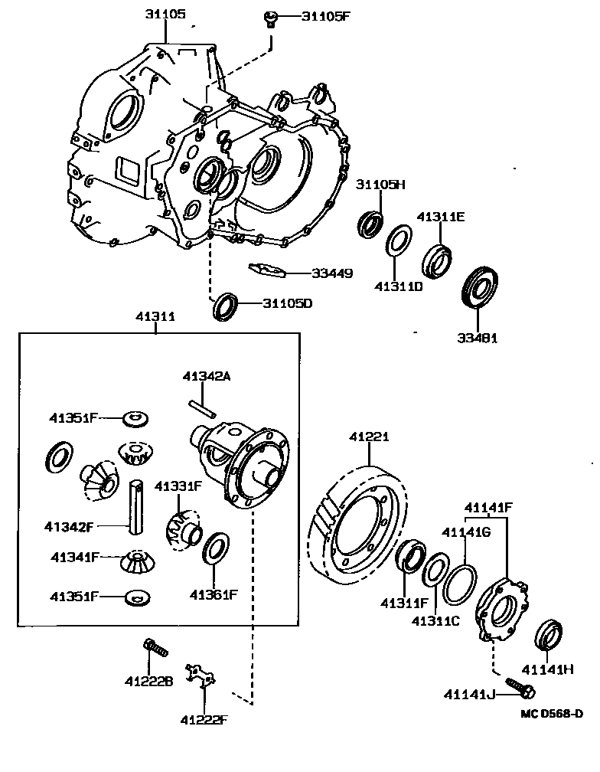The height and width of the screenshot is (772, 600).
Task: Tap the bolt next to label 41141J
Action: pyautogui.click(x=520, y=687)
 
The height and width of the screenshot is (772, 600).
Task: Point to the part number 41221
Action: pyautogui.click(x=370, y=437)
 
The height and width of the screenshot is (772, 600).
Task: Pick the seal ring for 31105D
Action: pyautogui.click(x=227, y=306)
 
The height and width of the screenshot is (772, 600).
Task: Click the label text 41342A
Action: pyautogui.click(x=207, y=376)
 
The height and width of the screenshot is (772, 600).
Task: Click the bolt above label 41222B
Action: pyautogui.click(x=155, y=649)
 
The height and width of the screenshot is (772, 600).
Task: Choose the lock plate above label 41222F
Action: pyautogui.click(x=201, y=675)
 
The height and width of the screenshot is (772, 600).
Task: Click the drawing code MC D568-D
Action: pyautogui.click(x=552, y=714)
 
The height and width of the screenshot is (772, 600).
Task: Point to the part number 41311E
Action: pyautogui.click(x=441, y=217)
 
